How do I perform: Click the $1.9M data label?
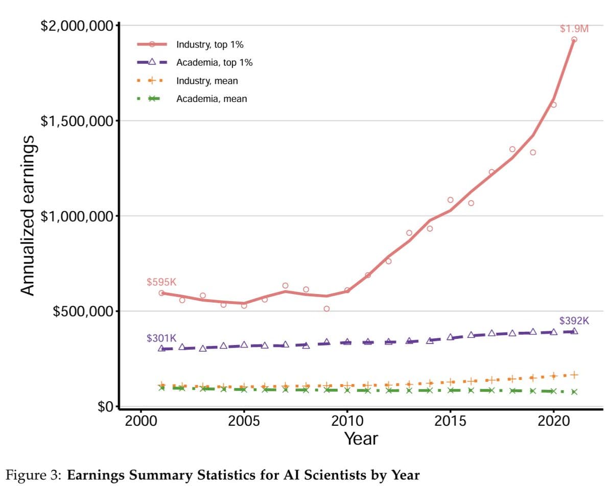574,29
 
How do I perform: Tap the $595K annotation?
161,282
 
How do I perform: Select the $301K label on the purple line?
161,338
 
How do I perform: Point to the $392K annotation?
574,321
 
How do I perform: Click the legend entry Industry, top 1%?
209,44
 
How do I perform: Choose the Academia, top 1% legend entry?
214,63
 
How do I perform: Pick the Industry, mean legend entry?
206,81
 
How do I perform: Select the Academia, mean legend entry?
211,99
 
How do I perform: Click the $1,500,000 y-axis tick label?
77,121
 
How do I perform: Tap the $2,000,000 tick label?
77,26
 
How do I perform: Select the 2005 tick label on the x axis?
244,422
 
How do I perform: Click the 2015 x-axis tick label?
450,422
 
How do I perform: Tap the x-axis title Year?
361,438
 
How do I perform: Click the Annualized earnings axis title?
29,214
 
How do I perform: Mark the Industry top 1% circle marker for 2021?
574,39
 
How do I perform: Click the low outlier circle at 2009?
326,309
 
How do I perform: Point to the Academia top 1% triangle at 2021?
574,331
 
